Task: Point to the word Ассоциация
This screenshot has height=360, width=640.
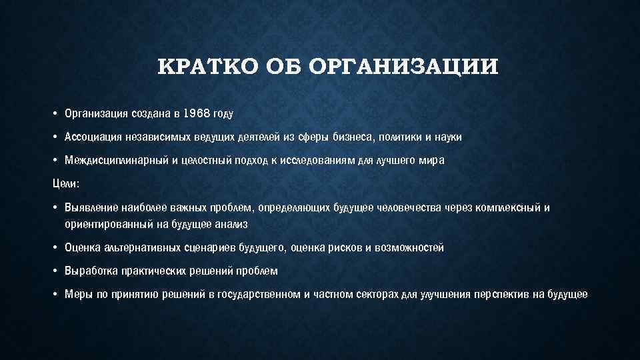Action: (x=93, y=137)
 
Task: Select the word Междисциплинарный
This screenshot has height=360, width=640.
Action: (x=113, y=161)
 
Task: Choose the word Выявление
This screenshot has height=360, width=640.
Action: (x=91, y=207)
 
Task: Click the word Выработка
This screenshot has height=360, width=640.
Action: (x=91, y=271)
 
